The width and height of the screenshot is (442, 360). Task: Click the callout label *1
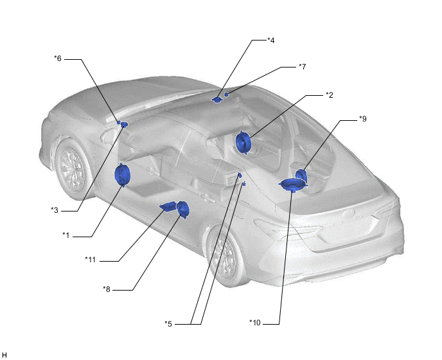66,235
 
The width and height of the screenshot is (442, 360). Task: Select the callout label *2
329,95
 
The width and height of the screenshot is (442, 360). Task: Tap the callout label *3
55,210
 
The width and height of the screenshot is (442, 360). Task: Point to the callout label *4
270,40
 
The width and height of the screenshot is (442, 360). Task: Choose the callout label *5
168,324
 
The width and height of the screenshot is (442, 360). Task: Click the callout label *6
58,59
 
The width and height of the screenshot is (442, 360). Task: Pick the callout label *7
302,67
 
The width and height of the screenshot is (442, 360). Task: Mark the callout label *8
107,289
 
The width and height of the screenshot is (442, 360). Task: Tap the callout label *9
362,119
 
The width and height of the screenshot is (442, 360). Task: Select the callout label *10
255,323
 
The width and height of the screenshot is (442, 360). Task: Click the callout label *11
90,260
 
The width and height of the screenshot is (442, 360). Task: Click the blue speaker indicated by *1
122,175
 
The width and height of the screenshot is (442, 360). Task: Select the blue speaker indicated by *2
243,143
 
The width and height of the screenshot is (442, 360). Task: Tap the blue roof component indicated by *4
217,100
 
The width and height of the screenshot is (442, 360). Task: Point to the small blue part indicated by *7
226,94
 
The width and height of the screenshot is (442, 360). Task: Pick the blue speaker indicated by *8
183,210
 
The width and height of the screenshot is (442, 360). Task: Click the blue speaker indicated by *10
293,184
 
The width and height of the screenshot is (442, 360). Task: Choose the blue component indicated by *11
168,206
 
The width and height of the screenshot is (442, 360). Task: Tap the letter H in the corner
4,355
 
